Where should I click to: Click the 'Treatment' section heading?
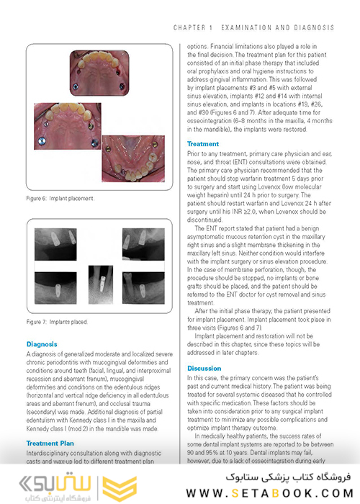[203, 144]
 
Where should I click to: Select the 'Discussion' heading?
[204, 368]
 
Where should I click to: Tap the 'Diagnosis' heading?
[42, 345]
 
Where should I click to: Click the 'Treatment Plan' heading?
[53, 444]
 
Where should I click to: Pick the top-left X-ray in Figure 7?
[59, 242]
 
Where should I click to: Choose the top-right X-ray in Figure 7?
[141, 242]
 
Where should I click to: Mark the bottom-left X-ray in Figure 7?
[59, 286]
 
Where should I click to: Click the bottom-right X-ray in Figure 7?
[141, 286]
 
